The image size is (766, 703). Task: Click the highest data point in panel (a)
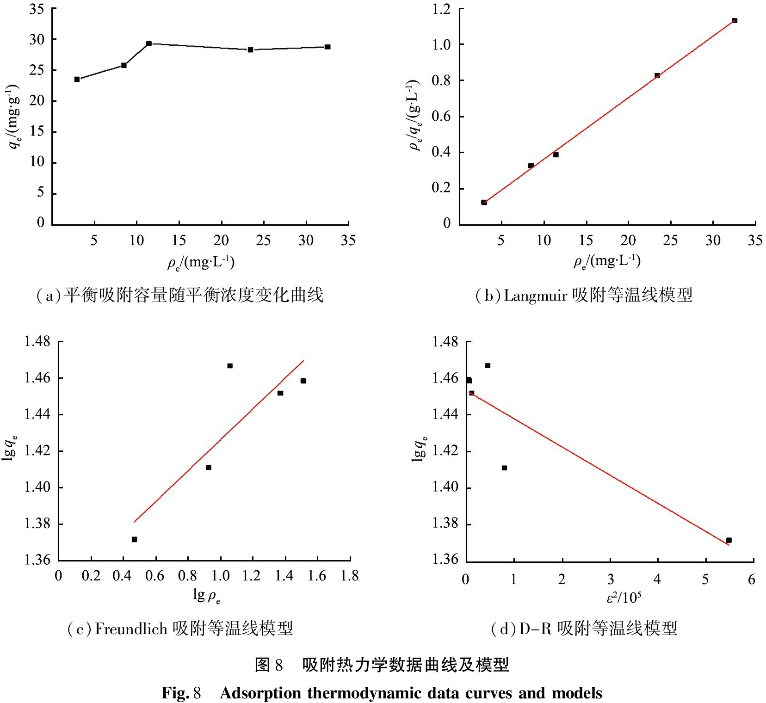click(x=148, y=43)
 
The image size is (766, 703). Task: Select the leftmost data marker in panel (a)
click(x=77, y=80)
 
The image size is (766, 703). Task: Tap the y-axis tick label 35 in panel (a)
click(x=37, y=9)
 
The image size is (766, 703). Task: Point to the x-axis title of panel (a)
click(x=201, y=263)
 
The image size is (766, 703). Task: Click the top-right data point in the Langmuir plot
click(x=734, y=20)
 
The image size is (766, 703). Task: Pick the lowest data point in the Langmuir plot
click(x=484, y=202)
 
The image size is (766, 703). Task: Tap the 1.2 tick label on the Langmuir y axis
click(x=441, y=9)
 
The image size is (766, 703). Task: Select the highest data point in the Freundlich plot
click(x=230, y=366)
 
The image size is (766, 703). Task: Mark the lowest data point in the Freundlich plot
click(x=134, y=539)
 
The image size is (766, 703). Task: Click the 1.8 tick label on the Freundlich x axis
click(x=350, y=576)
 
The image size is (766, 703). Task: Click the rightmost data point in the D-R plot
click(x=729, y=540)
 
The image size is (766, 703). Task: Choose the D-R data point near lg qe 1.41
click(x=504, y=468)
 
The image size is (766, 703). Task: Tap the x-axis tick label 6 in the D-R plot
click(x=751, y=580)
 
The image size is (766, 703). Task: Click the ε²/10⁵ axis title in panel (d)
click(x=624, y=598)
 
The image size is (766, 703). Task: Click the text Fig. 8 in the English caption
click(x=181, y=693)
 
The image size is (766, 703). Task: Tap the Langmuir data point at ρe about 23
click(x=657, y=75)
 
